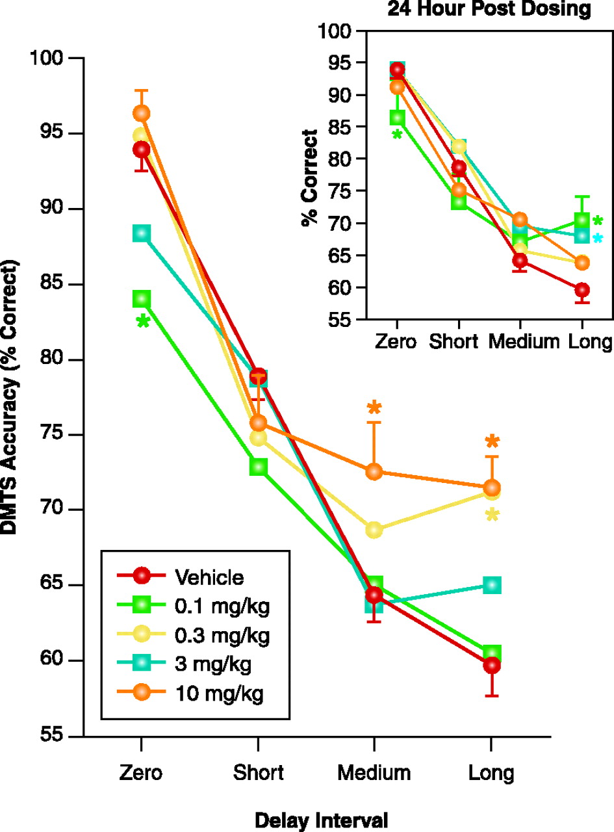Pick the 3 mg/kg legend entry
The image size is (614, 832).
[x=212, y=664]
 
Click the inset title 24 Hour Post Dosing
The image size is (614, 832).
[x=489, y=9]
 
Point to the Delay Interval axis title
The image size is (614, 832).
[x=321, y=820]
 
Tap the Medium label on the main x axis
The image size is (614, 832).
[x=374, y=773]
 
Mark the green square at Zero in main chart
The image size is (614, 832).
[x=142, y=299]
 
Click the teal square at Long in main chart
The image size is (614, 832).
[x=492, y=585]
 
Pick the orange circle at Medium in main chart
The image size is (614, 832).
[x=374, y=472]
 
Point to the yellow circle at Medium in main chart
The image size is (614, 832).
[x=374, y=530]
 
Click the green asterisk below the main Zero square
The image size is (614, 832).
[x=143, y=322]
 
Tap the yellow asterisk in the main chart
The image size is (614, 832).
[x=492, y=516]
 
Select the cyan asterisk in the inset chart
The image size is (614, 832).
[x=598, y=239]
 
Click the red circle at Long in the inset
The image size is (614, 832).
[x=582, y=289]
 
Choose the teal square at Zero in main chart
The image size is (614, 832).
[x=142, y=233]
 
